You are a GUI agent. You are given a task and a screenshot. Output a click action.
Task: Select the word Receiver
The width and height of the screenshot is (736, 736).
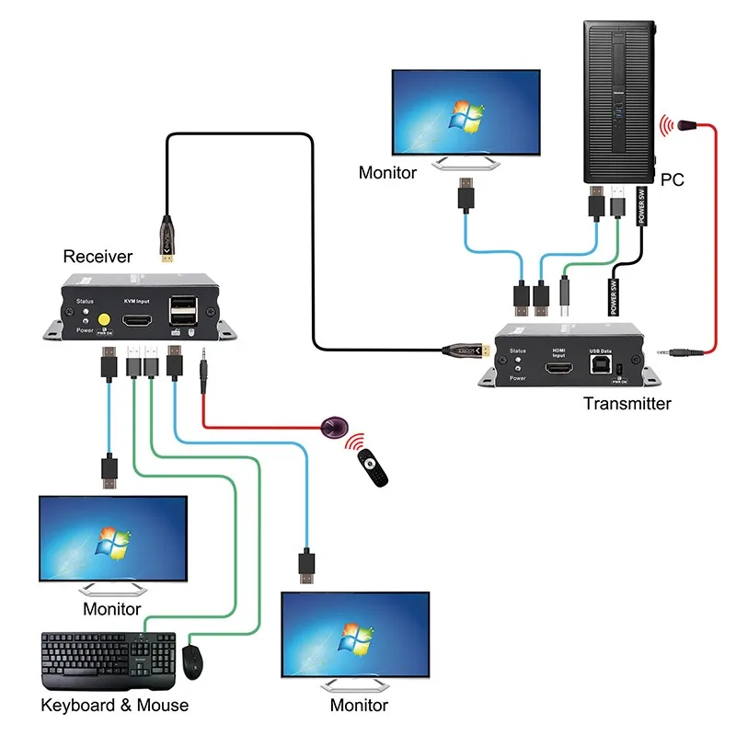(x=98, y=257)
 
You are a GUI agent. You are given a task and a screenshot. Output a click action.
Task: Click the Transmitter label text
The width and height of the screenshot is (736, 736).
(x=627, y=403)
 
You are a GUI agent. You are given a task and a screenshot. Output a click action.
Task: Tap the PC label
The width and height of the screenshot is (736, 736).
(x=673, y=179)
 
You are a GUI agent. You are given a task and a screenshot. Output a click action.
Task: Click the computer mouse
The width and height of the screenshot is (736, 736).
(x=192, y=661)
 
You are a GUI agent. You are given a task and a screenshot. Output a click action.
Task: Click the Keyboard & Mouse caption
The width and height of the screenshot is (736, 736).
(x=115, y=706)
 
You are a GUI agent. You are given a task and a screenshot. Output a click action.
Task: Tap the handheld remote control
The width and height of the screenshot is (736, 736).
(x=374, y=470)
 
